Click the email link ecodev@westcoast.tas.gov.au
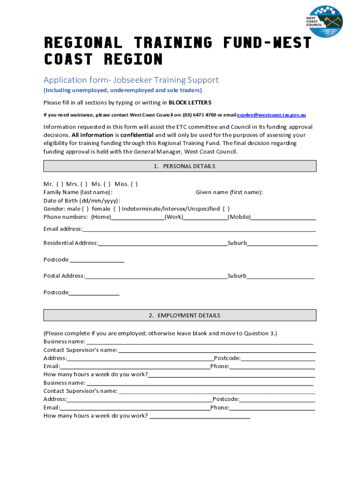272,115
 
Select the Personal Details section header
180,166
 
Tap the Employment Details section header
180,315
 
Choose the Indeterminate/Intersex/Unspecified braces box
226,209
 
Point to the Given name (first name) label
229,192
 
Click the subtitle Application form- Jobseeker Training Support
131,80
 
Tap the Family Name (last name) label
78,192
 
